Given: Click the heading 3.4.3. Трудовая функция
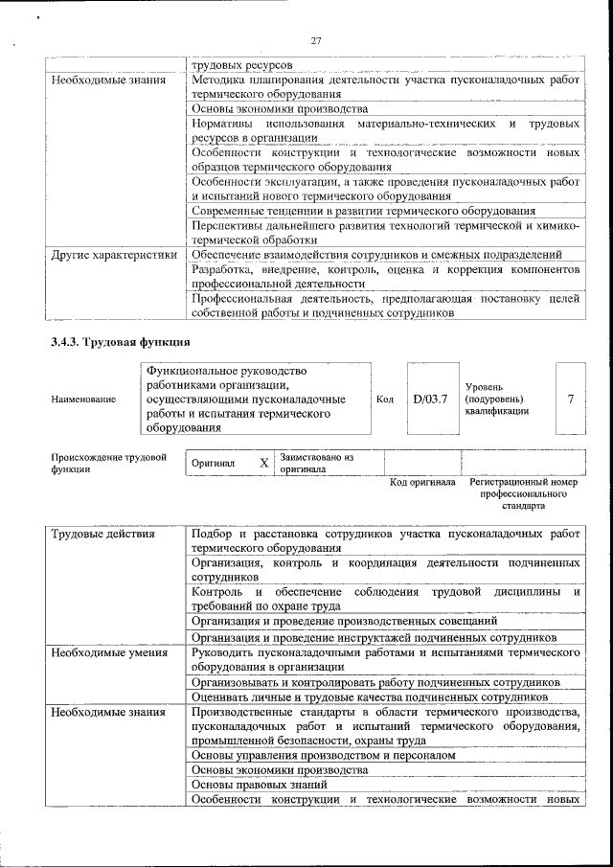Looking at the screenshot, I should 120,342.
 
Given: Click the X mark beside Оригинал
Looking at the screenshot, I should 263,463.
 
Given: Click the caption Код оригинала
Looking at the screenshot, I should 422,482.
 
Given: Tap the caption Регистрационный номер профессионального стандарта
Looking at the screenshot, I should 523,492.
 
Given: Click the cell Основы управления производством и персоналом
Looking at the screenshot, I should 323,755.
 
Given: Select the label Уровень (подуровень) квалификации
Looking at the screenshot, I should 496,398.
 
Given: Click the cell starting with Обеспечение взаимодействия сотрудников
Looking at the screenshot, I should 375,255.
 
